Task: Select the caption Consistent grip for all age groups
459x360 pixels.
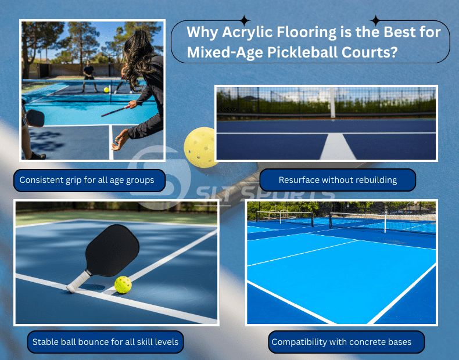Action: pyautogui.click(x=87, y=180)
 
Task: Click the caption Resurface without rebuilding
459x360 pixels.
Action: pyautogui.click(x=338, y=180)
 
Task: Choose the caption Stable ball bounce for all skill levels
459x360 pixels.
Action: pyautogui.click(x=105, y=341)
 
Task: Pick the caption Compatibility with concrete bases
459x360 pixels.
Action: pyautogui.click(x=341, y=342)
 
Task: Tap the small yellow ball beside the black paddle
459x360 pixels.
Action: pyautogui.click(x=123, y=285)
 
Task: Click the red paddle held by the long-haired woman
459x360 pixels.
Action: pyautogui.click(x=116, y=110)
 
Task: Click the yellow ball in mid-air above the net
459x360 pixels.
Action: pyautogui.click(x=106, y=90)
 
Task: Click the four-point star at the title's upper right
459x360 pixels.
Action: pyautogui.click(x=376, y=20)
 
